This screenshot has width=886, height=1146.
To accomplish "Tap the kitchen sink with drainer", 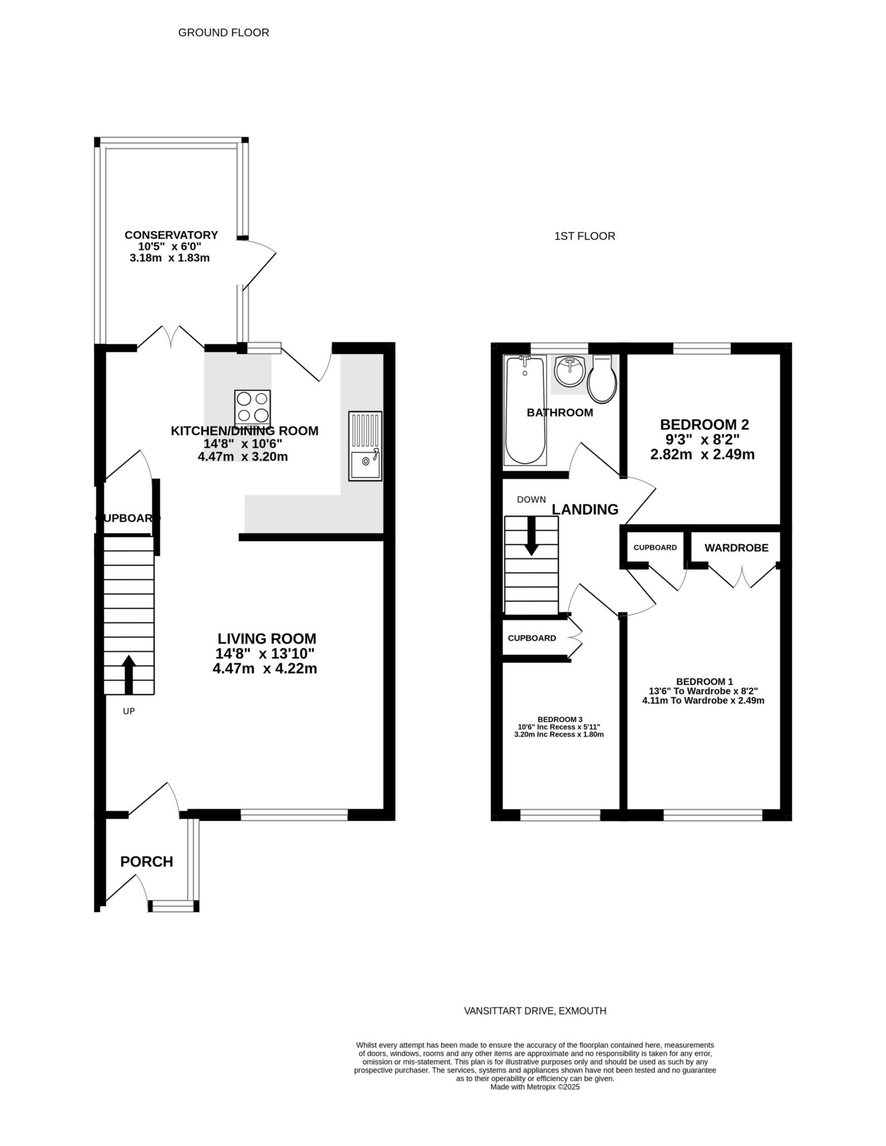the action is (x=365, y=446).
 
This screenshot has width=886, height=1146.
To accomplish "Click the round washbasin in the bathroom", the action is (x=569, y=371).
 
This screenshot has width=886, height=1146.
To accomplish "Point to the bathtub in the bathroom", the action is (x=525, y=410).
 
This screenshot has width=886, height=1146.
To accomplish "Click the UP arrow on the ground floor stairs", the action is (x=129, y=675).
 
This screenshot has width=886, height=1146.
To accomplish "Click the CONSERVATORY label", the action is (x=171, y=235).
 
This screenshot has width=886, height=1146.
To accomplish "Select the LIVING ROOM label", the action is (x=267, y=638).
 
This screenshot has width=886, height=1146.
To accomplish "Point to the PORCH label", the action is (x=147, y=862).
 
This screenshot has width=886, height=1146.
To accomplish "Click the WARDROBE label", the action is (x=737, y=548).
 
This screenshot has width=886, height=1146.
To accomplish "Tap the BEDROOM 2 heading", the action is (x=704, y=425).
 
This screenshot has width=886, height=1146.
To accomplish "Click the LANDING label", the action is (x=585, y=509).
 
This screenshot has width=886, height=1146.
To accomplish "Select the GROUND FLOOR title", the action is (x=224, y=32).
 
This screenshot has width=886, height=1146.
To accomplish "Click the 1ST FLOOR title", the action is (x=585, y=236).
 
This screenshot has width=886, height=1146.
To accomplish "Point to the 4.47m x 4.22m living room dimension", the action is (x=265, y=668).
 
